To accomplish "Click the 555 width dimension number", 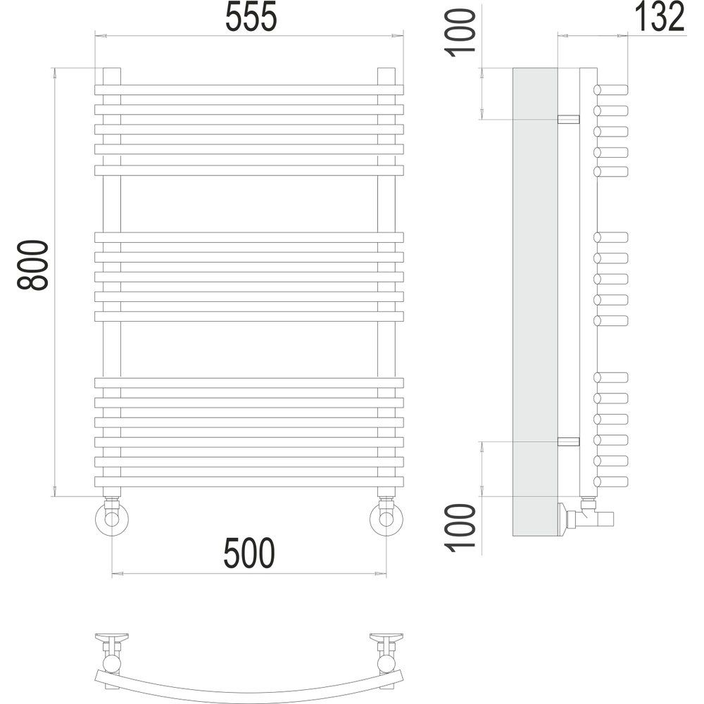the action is (x=251, y=17).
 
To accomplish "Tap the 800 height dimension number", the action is (x=32, y=265).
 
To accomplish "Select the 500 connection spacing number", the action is (x=249, y=553).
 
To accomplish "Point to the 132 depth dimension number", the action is (x=660, y=17).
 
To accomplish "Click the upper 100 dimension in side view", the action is (x=460, y=33).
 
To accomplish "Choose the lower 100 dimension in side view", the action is (x=460, y=528).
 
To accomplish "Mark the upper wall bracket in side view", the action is (x=568, y=120).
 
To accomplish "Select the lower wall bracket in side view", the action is (x=568, y=441).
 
